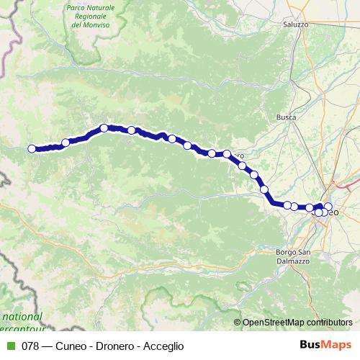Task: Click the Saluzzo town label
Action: tap(295, 24)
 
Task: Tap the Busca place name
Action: tap(286, 117)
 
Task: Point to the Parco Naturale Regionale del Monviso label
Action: tap(91, 15)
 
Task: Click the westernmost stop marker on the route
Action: tap(32, 149)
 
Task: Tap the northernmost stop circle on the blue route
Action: tap(104, 127)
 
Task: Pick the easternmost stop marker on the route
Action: tap(328, 207)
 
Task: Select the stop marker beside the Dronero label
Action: tap(227, 153)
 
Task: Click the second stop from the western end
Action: tap(66, 143)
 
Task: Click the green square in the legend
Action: tap(10, 346)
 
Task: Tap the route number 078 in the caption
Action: tap(30, 346)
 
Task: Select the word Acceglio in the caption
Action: tap(163, 346)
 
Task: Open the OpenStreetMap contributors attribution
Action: tap(297, 323)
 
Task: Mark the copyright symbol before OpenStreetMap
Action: tap(237, 323)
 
